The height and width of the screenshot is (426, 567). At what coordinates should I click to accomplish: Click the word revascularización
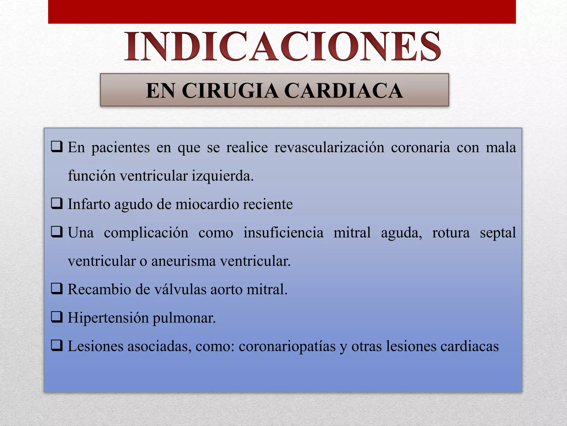click(x=329, y=147)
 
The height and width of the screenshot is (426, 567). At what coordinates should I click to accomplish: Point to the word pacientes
click(x=120, y=148)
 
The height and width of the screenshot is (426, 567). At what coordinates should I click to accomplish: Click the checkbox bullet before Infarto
click(x=57, y=204)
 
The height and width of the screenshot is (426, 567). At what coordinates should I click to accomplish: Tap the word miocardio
click(x=207, y=204)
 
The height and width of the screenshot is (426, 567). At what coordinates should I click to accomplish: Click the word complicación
click(x=146, y=232)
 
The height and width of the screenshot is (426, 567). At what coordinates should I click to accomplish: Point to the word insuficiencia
click(x=283, y=232)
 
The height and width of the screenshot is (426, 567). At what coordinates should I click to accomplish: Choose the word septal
click(x=498, y=232)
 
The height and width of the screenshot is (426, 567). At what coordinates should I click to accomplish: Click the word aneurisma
click(x=183, y=261)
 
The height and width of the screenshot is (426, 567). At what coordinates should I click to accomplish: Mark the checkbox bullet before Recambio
click(x=57, y=289)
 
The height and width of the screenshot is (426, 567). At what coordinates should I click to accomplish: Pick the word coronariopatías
click(x=287, y=346)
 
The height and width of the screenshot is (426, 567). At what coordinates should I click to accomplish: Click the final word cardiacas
click(x=470, y=346)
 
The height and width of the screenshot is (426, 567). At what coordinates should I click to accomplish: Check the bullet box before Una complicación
click(x=57, y=232)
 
